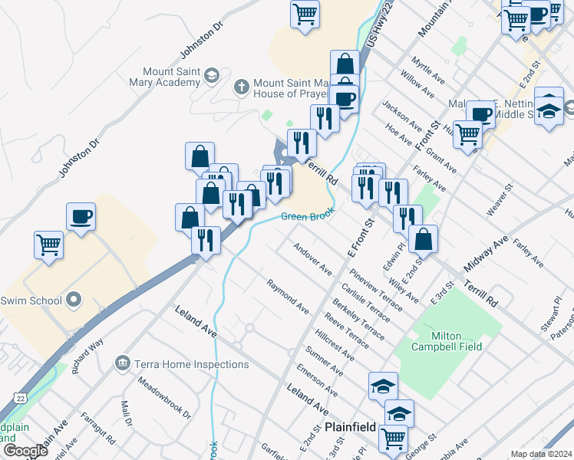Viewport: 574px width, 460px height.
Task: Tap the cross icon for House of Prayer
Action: tap(242, 86)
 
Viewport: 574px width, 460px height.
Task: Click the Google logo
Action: tap(25, 451)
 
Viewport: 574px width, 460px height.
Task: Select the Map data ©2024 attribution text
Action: tap(541, 454)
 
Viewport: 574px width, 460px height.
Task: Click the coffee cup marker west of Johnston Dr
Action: tap(81, 217)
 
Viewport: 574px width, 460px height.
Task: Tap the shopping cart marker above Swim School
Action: tap(48, 245)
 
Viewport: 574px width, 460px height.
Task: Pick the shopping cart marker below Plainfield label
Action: tap(394, 439)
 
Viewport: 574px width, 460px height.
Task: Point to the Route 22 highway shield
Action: tap(19, 397)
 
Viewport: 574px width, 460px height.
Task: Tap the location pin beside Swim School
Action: tap(74, 300)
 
